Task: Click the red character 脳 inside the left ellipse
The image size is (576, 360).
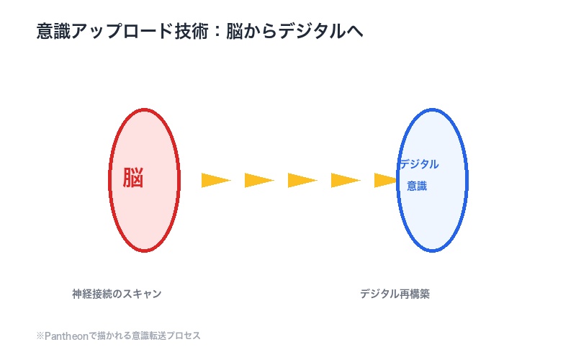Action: pos(133,178)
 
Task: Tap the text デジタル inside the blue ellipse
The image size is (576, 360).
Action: pos(418,164)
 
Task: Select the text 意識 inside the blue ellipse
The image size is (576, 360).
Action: pos(417,186)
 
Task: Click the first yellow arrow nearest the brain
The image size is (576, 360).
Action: pos(215,180)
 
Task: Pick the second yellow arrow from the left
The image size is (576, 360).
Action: pos(258,180)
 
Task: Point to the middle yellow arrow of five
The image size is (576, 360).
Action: pos(301,180)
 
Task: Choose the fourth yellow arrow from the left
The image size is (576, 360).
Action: pos(344,180)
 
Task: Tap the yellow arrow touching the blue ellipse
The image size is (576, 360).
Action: pos(386,180)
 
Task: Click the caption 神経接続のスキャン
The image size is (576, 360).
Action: pos(117,294)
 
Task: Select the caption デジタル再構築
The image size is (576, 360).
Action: pos(395,294)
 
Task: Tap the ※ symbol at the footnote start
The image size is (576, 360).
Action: pos(40,336)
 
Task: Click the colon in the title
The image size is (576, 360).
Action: pos(214,32)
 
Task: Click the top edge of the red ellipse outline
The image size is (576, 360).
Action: pos(144,109)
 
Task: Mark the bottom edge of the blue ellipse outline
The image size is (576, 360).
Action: pos(432,251)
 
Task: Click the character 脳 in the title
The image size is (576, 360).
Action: pos(233,32)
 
